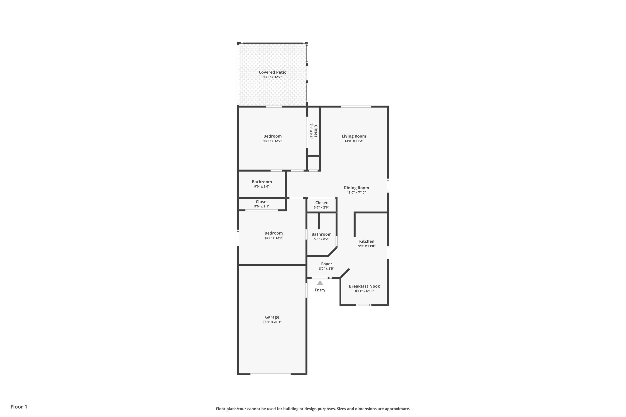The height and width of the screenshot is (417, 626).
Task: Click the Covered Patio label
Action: tap(272, 72)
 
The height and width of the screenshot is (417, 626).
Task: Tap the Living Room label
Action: tap(354, 136)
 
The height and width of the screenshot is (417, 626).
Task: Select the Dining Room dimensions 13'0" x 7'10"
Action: tap(356, 192)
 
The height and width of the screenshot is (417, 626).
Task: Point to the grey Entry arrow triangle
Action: tap(320, 283)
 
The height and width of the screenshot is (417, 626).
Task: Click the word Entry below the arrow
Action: tap(320, 290)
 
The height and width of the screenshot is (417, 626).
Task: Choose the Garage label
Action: tap(272, 317)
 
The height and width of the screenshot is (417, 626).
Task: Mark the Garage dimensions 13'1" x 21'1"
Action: tap(272, 322)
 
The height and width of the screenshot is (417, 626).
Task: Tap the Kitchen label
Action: tap(366, 241)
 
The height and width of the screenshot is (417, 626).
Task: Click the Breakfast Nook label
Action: tap(364, 286)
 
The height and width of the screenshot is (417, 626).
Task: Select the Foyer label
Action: tap(327, 264)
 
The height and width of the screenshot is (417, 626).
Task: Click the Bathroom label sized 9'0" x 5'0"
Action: tap(262, 182)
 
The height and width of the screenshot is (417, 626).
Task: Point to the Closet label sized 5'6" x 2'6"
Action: tap(321, 203)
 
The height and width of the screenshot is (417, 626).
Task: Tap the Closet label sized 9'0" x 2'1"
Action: tap(262, 202)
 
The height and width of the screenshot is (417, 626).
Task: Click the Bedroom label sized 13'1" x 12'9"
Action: tap(273, 233)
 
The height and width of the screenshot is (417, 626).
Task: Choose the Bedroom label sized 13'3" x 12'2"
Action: tap(272, 136)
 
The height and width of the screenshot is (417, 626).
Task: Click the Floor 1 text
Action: tap(19, 407)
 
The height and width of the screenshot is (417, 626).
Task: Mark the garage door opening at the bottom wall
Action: tap(270, 374)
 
